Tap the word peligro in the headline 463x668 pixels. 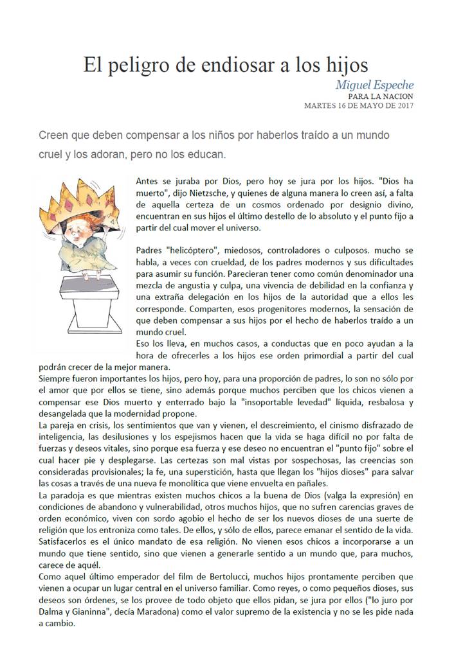click(x=137, y=66)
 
